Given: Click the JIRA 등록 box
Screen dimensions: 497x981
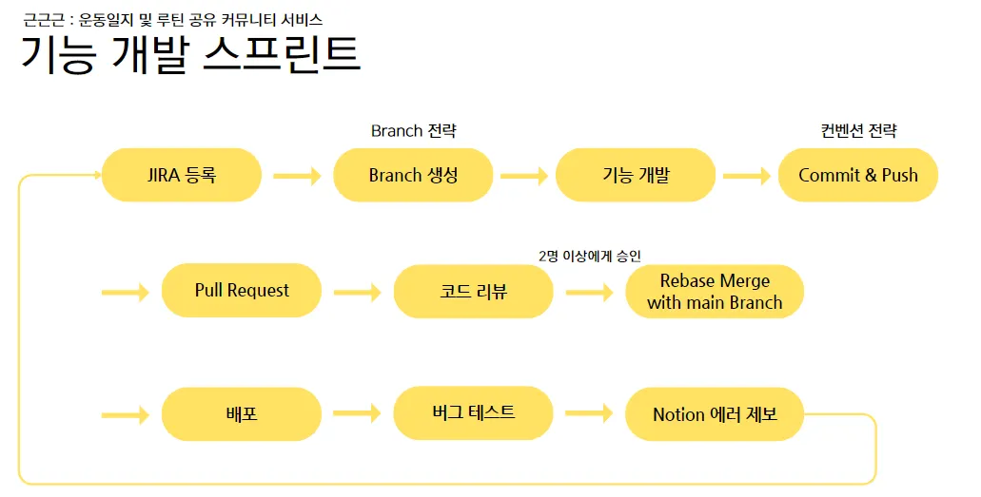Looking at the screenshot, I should (x=181, y=175).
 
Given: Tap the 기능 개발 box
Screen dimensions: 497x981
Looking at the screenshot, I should (x=636, y=175).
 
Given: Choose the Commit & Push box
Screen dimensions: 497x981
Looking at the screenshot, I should (x=858, y=175).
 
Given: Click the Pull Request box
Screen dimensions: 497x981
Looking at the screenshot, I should (x=242, y=291).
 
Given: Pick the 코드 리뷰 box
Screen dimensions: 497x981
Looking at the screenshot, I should (x=473, y=291).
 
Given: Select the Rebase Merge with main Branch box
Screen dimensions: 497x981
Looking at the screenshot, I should (x=715, y=292).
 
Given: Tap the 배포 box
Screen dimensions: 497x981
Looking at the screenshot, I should (x=242, y=414).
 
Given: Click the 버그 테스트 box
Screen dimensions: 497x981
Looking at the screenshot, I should (x=473, y=412).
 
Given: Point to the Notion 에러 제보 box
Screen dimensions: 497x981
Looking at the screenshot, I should (x=715, y=414).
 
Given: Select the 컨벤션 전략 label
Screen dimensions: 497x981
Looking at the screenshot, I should (x=858, y=131).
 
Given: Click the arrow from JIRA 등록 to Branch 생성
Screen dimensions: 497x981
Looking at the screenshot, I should (x=297, y=176).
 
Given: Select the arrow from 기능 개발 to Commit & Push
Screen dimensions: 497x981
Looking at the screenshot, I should (x=747, y=176).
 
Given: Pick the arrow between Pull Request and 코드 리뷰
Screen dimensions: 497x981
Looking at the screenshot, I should (x=357, y=292).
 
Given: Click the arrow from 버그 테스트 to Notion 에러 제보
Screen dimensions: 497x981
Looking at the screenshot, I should (x=589, y=413).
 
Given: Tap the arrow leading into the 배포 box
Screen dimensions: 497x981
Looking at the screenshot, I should (x=126, y=415).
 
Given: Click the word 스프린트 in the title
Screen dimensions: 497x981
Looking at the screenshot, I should (x=283, y=54).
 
